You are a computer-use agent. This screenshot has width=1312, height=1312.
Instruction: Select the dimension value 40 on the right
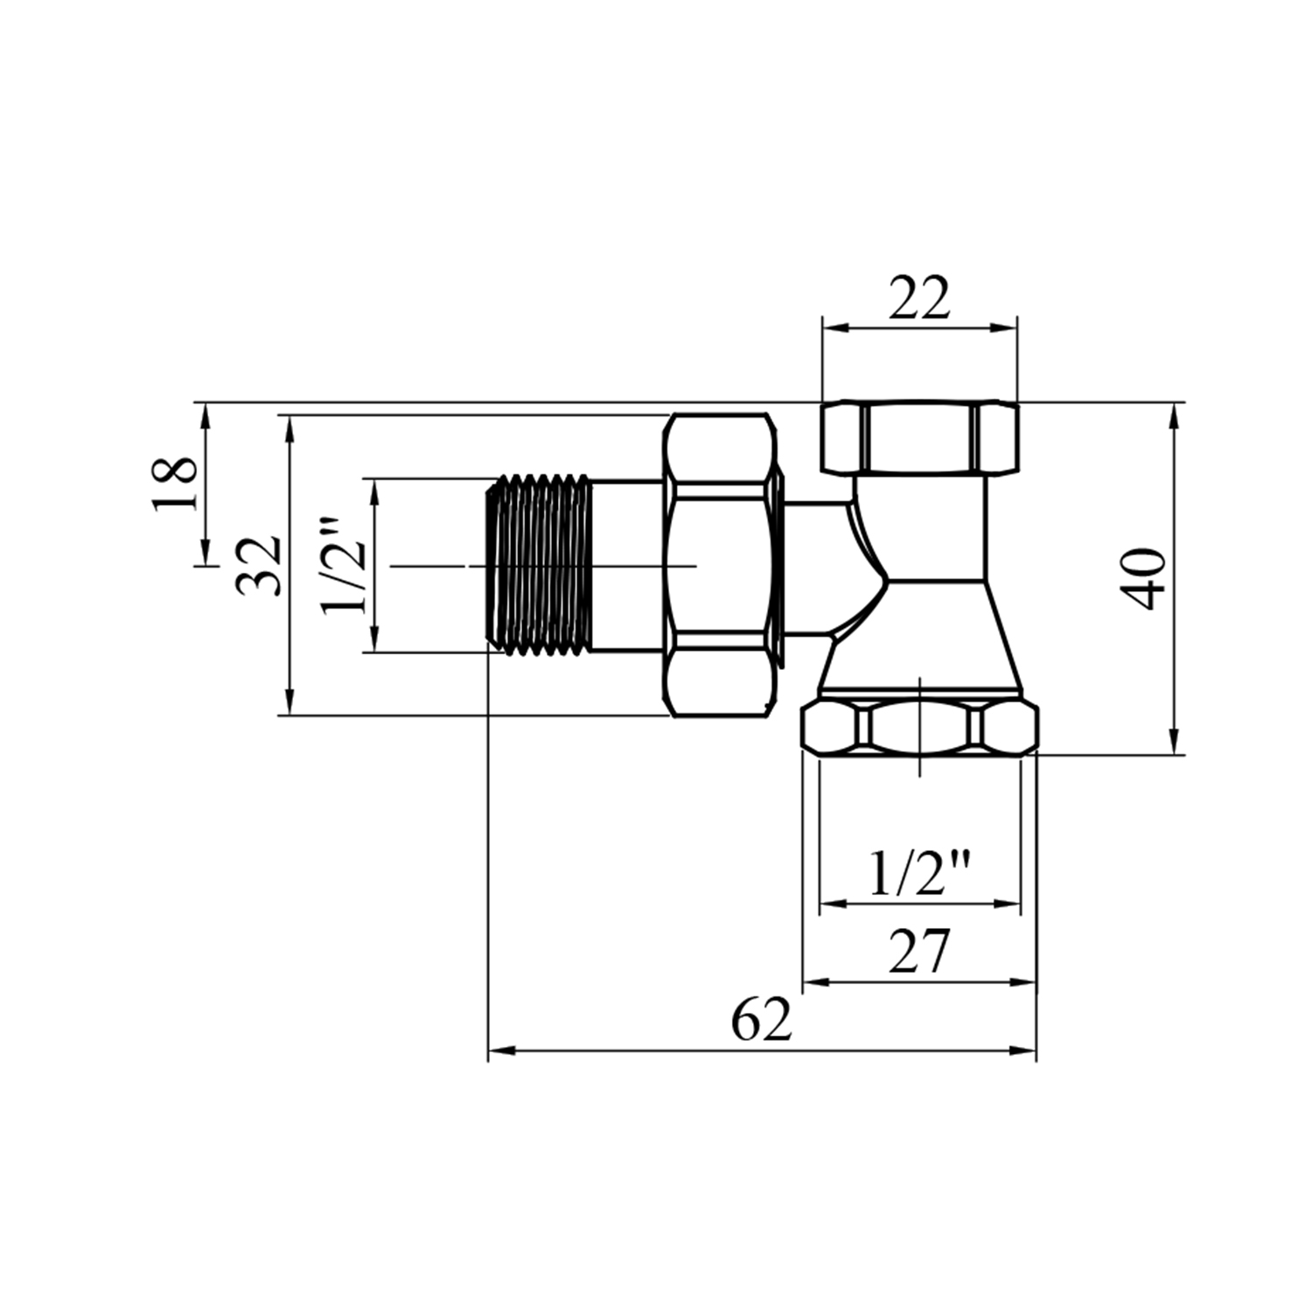[x=1145, y=578]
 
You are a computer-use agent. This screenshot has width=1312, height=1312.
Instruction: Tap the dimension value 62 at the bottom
[x=761, y=1019]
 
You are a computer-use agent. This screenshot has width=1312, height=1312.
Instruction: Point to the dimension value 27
[x=918, y=952]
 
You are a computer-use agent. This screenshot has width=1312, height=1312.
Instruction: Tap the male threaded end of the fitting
[x=538, y=565]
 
